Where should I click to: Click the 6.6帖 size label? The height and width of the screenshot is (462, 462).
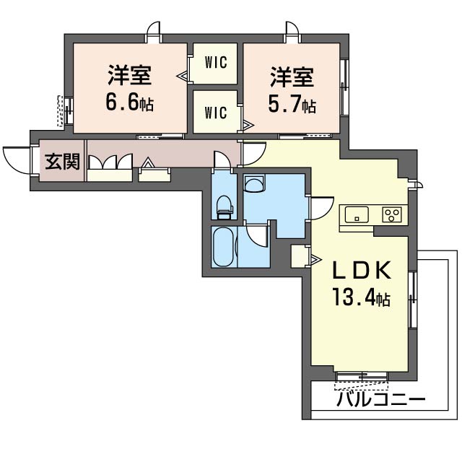click(130, 103)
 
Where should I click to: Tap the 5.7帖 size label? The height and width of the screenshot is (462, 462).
click(292, 105)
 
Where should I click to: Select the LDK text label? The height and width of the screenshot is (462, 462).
click(362, 270)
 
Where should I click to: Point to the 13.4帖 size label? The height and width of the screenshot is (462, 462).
click(361, 298)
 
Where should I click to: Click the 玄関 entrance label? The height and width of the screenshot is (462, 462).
click(63, 162)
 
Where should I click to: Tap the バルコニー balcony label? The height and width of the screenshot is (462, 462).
click(382, 399)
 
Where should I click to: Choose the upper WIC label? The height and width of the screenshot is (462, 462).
click(216, 62)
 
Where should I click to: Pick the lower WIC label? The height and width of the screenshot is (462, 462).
click(216, 113)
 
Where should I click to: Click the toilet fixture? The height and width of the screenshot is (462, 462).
click(225, 207)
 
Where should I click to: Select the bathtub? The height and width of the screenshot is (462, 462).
click(223, 247)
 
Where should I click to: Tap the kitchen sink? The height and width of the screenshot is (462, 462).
click(357, 214)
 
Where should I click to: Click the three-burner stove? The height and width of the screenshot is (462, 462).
click(391, 214)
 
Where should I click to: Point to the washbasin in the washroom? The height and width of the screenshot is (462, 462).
click(254, 183)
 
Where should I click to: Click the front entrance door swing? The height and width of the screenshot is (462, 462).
click(16, 160)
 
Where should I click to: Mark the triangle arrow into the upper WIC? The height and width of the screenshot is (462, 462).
click(182, 76)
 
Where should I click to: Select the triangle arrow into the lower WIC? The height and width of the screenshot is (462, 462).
click(248, 125)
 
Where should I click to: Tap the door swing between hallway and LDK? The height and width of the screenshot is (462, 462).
click(253, 154)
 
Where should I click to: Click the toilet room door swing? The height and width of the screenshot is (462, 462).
click(222, 160)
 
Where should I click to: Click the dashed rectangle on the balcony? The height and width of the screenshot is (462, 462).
click(362, 386)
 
